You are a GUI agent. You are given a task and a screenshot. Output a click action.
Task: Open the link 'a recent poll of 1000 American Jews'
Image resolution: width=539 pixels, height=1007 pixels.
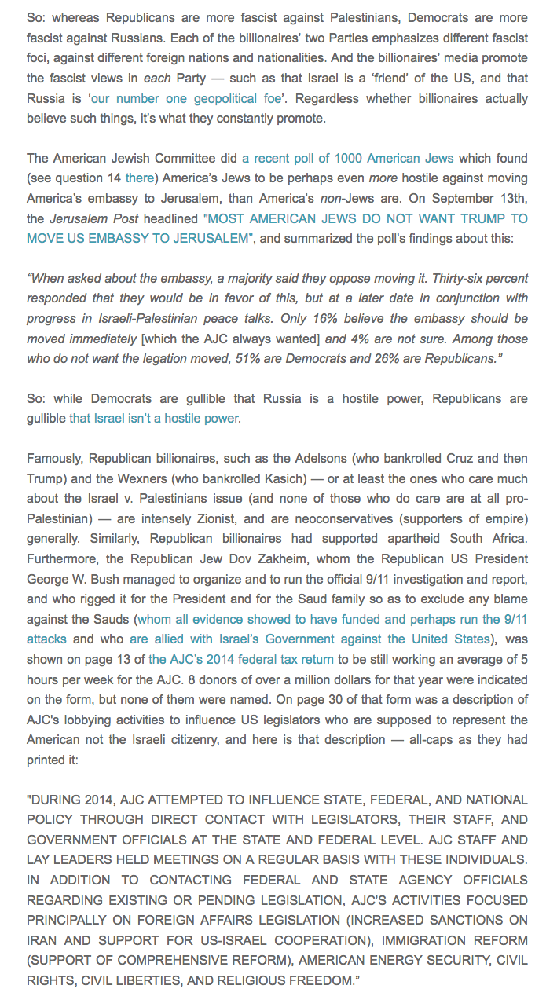(x=347, y=158)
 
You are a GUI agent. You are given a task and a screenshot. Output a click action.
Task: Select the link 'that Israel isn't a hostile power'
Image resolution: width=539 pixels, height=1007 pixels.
(x=153, y=418)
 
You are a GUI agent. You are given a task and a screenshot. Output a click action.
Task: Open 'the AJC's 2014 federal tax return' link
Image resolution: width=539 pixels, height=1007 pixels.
(x=241, y=659)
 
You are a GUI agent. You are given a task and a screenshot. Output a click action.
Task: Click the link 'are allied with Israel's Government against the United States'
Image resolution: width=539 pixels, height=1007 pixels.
(x=310, y=639)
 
